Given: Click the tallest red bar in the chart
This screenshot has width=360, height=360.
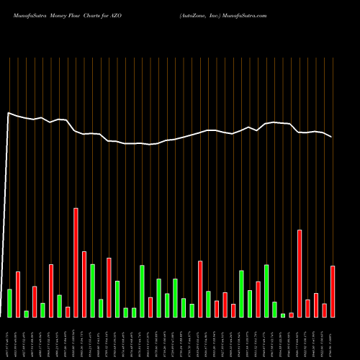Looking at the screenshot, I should [x=76, y=262].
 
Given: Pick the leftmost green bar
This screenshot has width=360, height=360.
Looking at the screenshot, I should [x=9, y=302].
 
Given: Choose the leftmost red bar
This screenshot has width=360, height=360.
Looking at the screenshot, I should [x=18, y=294].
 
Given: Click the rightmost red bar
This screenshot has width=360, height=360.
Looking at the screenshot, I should [x=333, y=291].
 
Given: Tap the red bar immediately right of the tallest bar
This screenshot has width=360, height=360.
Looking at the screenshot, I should [x=84, y=284].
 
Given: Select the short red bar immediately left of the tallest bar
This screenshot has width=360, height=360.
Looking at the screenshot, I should [x=68, y=312].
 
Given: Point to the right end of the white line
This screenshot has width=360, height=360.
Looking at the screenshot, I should [x=332, y=137].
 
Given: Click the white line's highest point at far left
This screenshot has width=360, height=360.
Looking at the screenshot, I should [x=9, y=113].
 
